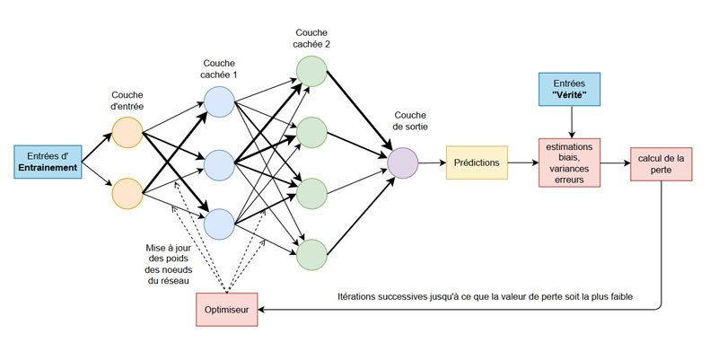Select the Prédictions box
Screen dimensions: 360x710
[x=477, y=162]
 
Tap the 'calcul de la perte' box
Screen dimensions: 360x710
[x=662, y=164]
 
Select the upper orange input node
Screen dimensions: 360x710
[x=128, y=133]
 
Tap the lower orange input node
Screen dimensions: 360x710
[x=128, y=192]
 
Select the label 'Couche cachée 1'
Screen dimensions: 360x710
[x=220, y=69]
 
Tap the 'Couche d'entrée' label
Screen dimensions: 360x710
[x=129, y=100]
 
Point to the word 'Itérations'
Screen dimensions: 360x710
[x=363, y=296]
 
